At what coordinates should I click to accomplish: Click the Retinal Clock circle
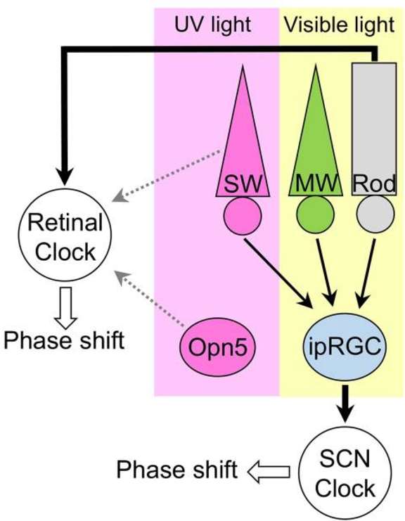click(x=65, y=236)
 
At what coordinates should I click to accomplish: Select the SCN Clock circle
click(x=345, y=472)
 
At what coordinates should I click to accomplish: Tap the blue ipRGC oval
click(x=345, y=347)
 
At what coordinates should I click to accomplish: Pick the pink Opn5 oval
click(x=218, y=347)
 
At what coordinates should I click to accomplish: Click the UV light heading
click(x=212, y=25)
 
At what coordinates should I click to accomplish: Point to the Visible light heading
click(x=339, y=25)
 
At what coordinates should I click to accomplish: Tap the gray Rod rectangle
click(x=374, y=129)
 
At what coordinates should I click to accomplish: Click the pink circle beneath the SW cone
click(x=243, y=215)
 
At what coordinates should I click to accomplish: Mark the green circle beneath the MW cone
click(x=315, y=214)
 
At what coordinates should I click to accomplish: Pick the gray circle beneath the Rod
click(x=375, y=214)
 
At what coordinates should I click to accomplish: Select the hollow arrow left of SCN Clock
click(x=269, y=472)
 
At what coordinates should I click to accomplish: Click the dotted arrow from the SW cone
click(x=166, y=176)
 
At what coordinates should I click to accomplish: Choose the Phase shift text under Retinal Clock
click(x=64, y=341)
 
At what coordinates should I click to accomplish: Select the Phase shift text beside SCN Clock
click(x=177, y=470)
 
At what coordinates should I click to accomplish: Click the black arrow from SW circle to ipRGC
click(x=278, y=273)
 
